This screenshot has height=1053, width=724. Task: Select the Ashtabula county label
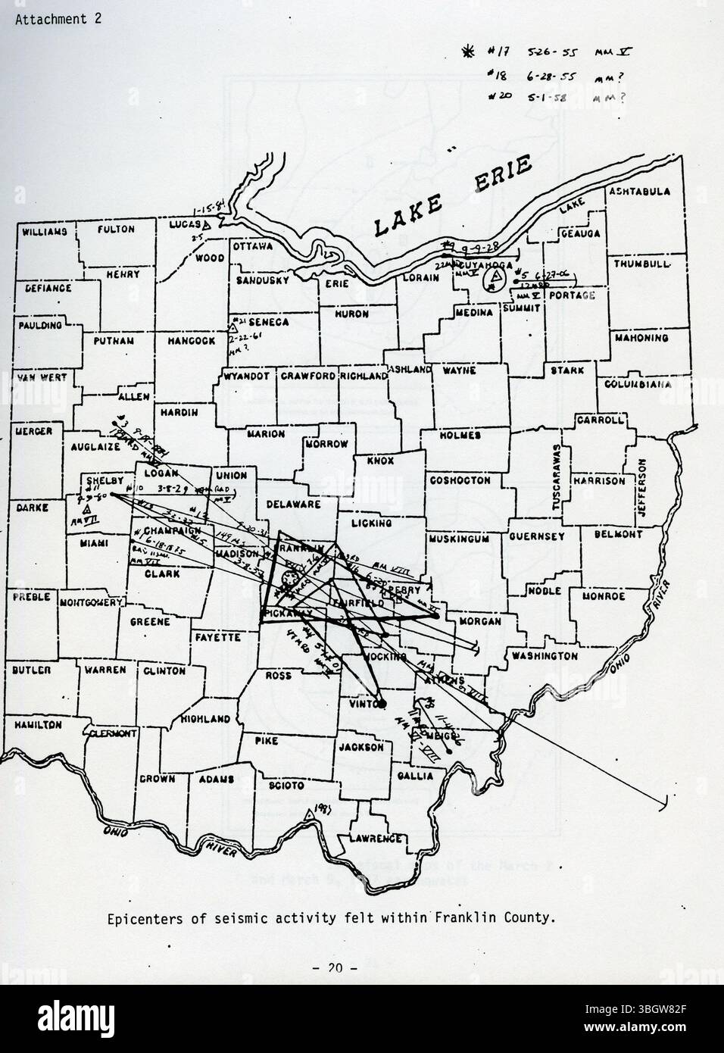click(640, 192)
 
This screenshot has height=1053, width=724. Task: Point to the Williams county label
click(45, 230)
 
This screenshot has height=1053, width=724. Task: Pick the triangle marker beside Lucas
click(216, 224)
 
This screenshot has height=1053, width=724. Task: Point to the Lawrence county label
click(376, 839)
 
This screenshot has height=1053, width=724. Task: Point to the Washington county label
click(545, 656)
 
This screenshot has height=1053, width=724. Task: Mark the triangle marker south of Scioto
click(308, 814)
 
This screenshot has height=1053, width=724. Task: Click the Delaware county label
click(292, 504)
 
